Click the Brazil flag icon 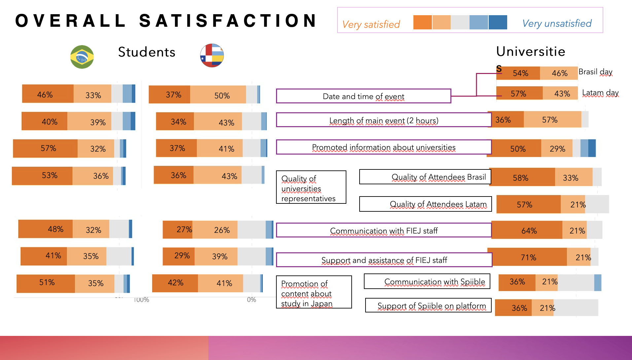(82, 57)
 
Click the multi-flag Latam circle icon (212, 55)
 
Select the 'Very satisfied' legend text (371, 24)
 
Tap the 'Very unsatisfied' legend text (557, 23)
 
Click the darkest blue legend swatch (498, 22)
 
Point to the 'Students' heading (147, 52)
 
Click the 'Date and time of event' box (363, 96)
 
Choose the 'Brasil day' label (595, 72)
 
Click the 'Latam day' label (600, 93)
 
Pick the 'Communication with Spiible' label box (427, 281)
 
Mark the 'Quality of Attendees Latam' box (425, 204)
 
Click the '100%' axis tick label (141, 300)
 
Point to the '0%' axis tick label (251, 300)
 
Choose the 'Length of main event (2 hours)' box (384, 120)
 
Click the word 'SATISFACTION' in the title (228, 21)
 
